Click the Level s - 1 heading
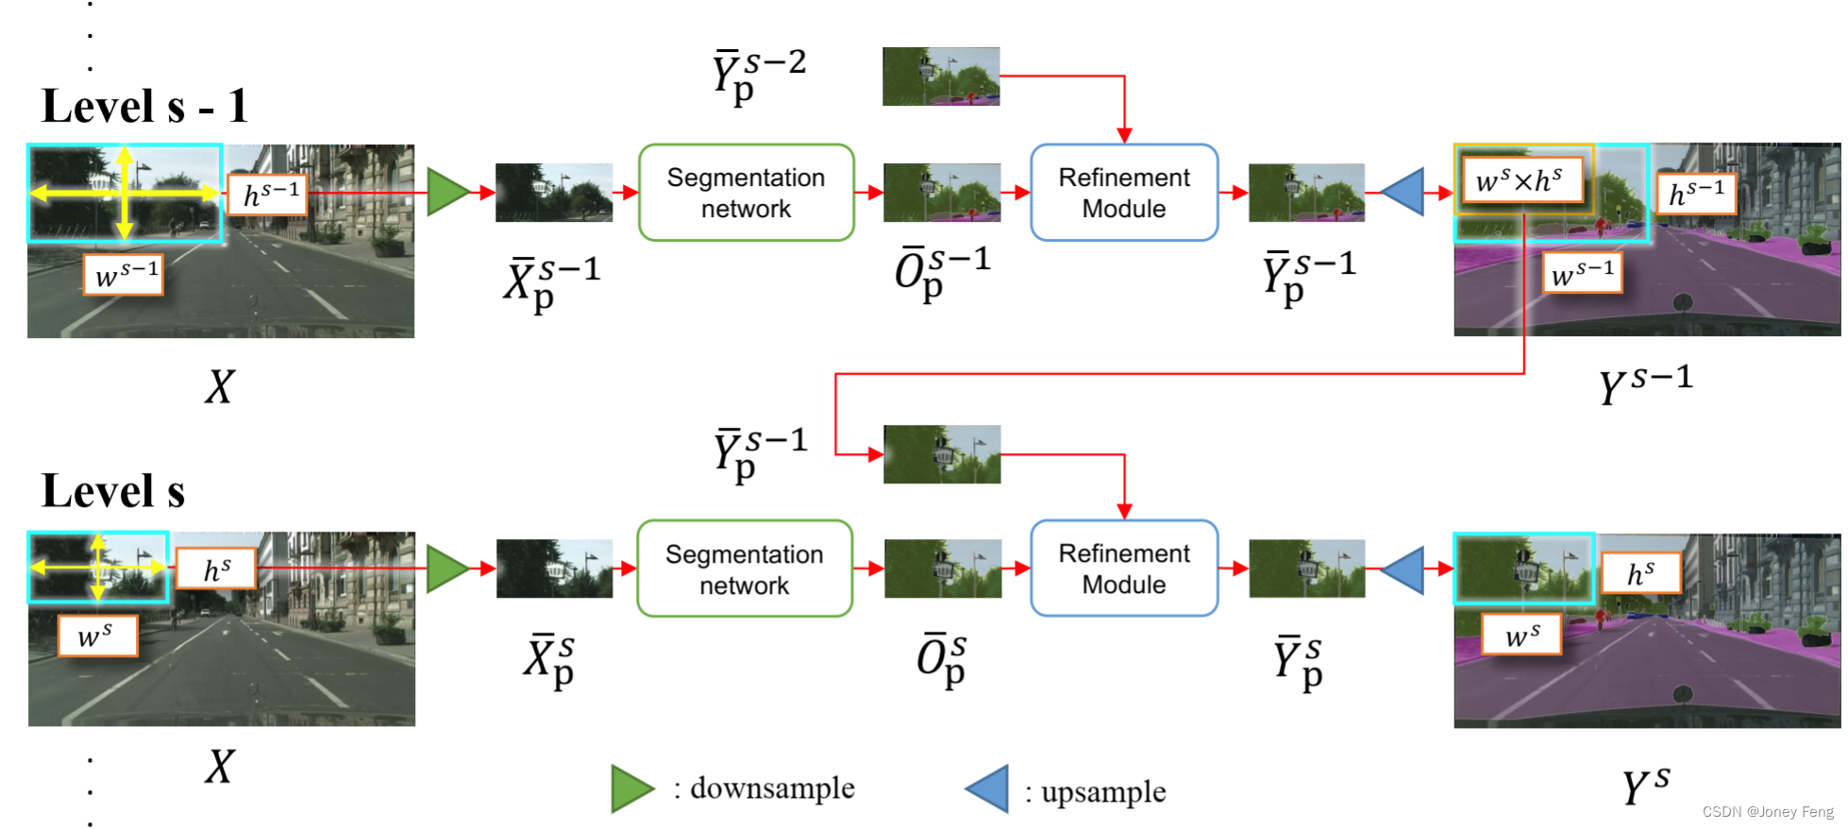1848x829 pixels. pos(144,106)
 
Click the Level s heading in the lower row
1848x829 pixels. pos(113,491)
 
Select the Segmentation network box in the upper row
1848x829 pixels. pos(746,193)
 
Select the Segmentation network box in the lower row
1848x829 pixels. pos(745,568)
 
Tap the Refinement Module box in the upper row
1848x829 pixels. pos(1123,193)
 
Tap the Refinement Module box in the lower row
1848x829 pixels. pos(1123,568)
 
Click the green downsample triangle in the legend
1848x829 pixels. pos(630,788)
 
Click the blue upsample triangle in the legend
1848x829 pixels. pos(989,789)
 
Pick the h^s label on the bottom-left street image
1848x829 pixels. pos(216,569)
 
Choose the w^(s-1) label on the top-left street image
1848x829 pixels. pos(125,275)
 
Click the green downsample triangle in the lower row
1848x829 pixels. pos(446,568)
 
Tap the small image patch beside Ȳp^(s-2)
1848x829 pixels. pos(940,76)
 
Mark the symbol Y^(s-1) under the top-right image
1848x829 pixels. pos(1645,382)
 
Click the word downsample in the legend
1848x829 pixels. pos(772,788)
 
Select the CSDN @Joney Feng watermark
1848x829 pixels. pos(1767,812)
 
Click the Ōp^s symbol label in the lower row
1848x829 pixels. pos(941,658)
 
